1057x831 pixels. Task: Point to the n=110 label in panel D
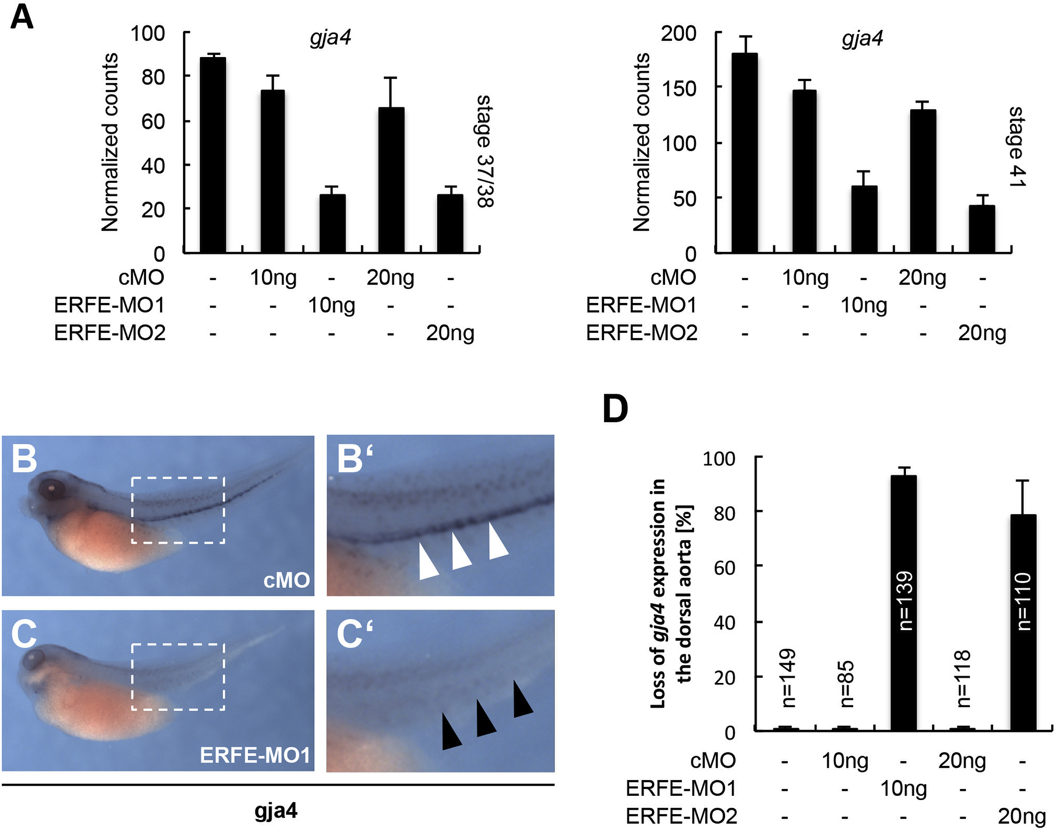[x=1023, y=601]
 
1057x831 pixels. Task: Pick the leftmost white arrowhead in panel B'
[x=428, y=562]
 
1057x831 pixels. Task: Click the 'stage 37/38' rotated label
[x=485, y=151]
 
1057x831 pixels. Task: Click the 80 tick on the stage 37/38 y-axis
[x=153, y=77]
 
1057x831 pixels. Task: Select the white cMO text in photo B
[x=286, y=580]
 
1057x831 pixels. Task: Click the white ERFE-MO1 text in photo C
[x=255, y=755]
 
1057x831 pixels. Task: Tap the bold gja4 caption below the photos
[x=276, y=811]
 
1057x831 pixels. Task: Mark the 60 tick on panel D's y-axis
[x=724, y=567]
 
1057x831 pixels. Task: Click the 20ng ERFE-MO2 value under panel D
[x=1021, y=816]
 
